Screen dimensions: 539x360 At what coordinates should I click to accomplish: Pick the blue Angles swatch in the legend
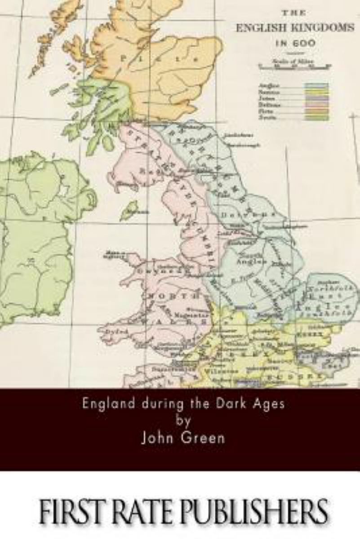[x=317, y=85]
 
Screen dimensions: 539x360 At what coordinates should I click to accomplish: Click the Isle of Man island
[x=130, y=210]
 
